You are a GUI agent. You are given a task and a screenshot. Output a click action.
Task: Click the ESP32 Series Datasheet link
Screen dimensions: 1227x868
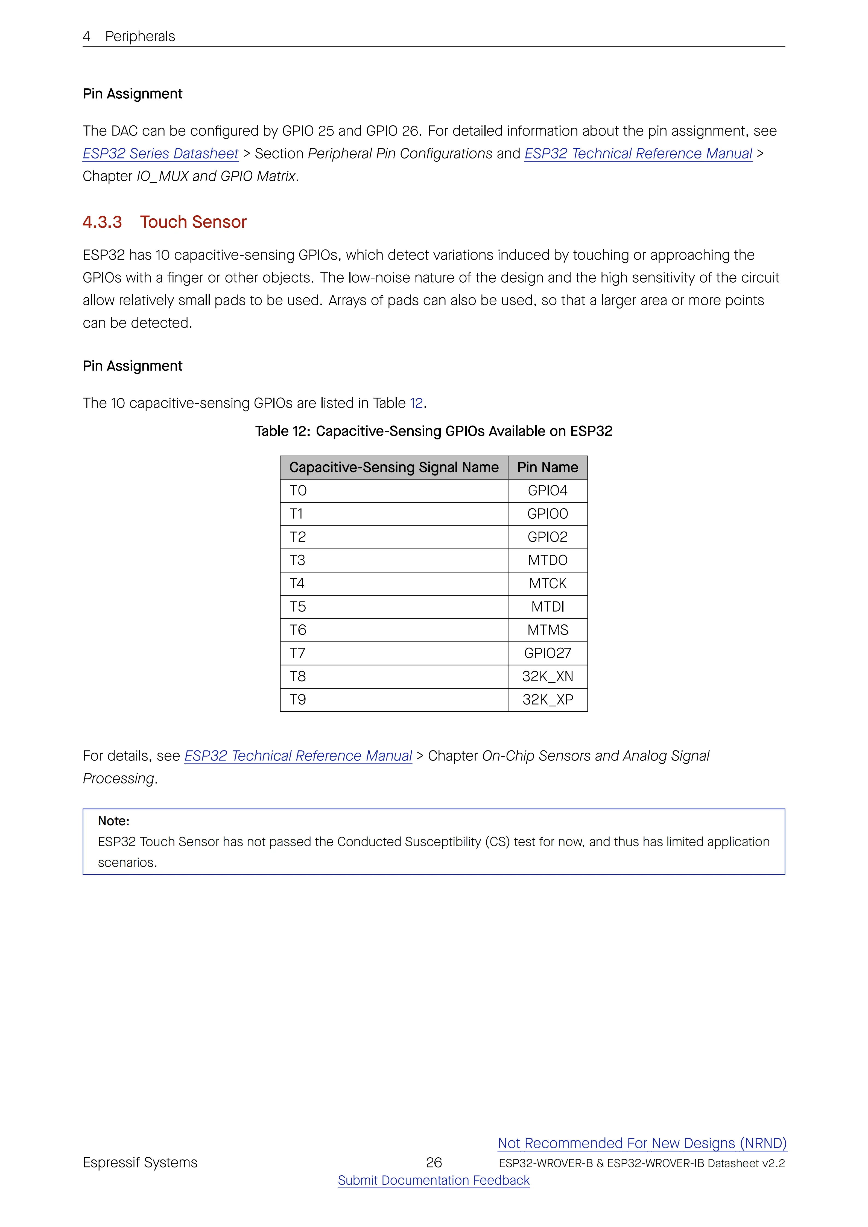point(160,154)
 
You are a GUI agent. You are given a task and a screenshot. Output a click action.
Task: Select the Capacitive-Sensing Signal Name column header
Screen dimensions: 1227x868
point(394,468)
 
